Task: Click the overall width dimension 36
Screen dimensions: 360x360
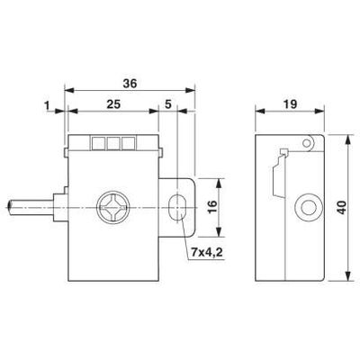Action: point(130,83)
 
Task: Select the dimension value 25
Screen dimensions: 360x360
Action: point(112,105)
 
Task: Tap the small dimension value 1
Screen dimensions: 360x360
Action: point(45,105)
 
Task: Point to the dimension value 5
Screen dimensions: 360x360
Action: point(168,105)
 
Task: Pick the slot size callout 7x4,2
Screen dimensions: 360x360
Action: point(206,253)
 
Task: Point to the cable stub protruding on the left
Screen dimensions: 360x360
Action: point(27,209)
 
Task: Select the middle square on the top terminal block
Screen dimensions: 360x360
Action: point(113,141)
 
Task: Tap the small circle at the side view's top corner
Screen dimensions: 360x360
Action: point(310,142)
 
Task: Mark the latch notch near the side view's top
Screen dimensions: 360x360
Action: point(283,152)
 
